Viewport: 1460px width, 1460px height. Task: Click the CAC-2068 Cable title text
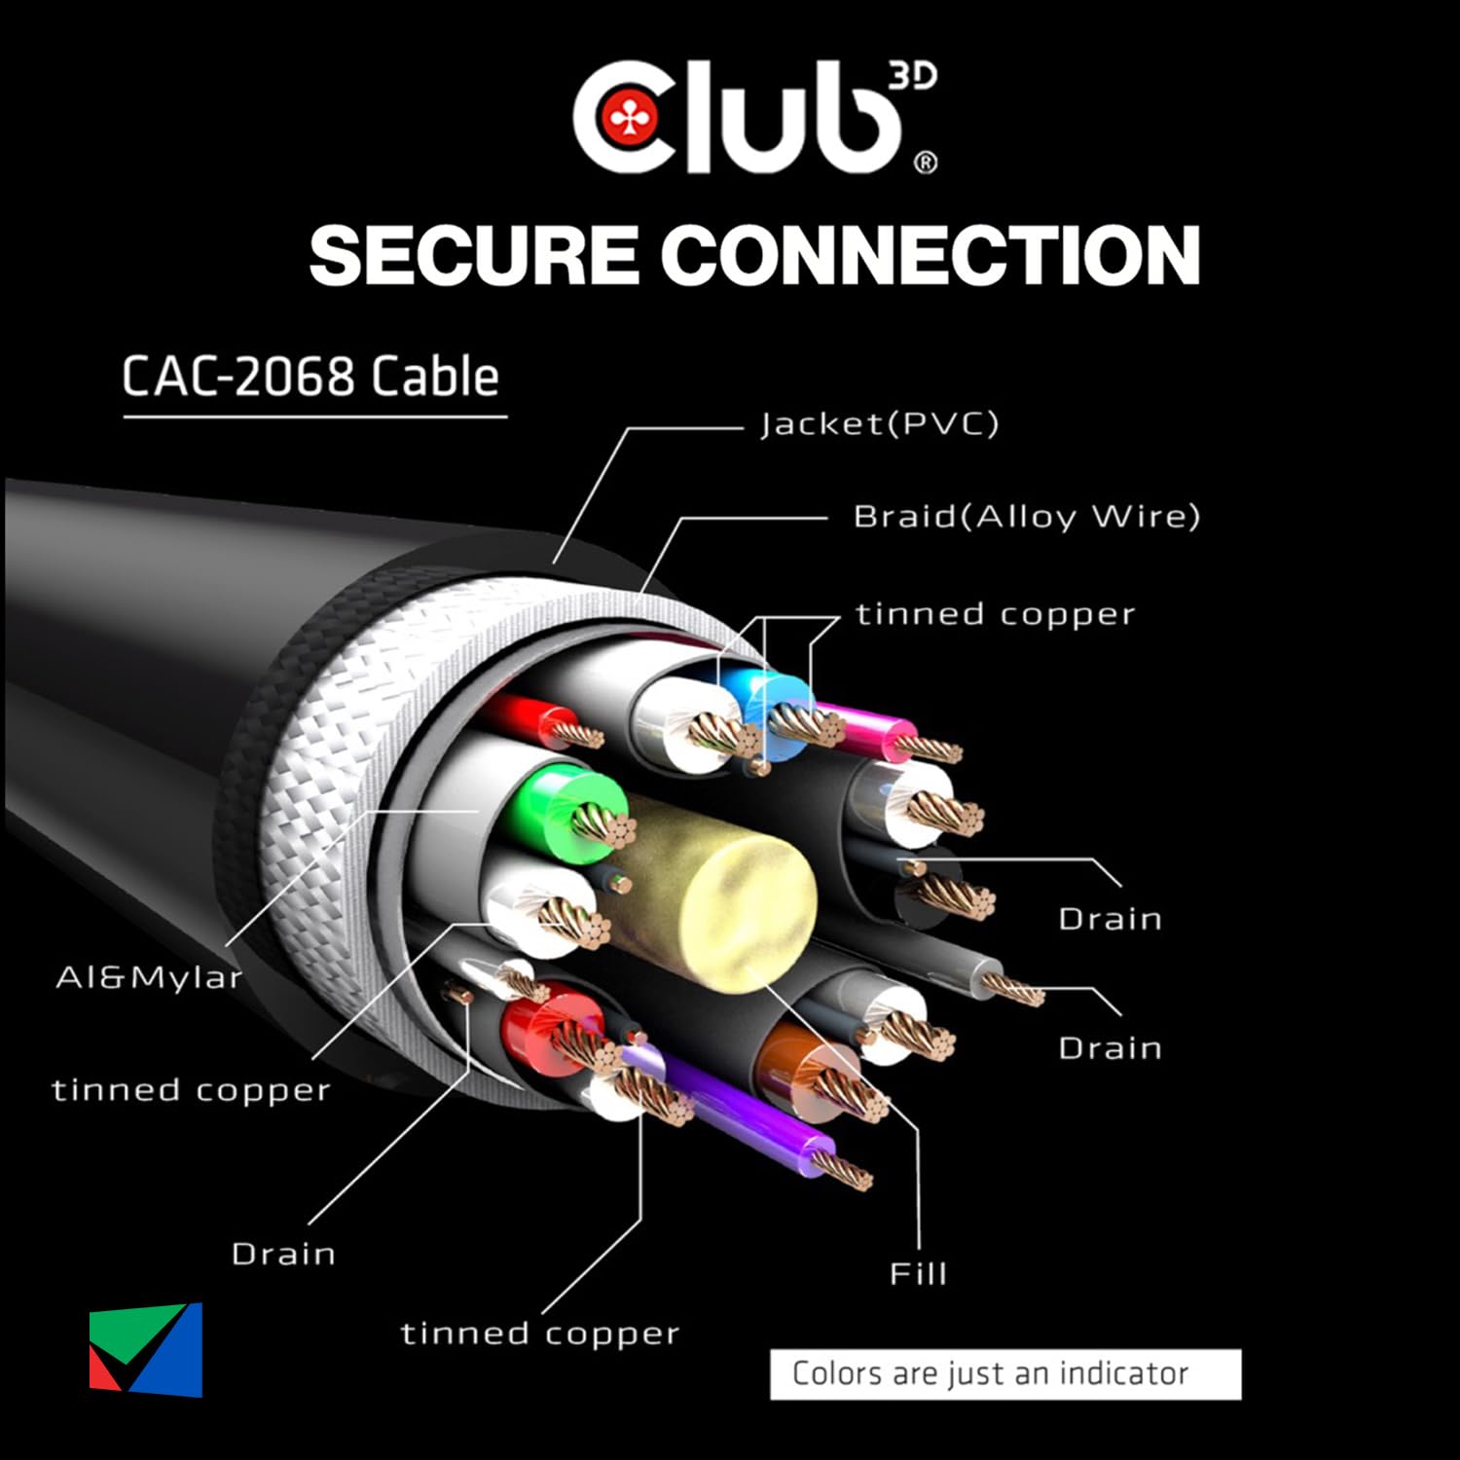[x=310, y=377]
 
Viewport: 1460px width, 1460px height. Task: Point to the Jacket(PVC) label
[x=879, y=424]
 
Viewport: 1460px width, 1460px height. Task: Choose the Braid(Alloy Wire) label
[x=1026, y=516]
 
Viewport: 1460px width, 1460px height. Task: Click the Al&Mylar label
[x=148, y=977]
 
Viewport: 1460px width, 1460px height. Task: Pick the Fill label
[x=918, y=1273]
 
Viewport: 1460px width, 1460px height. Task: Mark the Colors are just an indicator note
[x=1005, y=1374]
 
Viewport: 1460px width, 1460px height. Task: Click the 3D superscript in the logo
[x=912, y=77]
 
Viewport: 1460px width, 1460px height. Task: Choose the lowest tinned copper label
[x=540, y=1333]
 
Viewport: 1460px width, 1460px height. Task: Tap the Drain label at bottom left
[x=283, y=1254]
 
